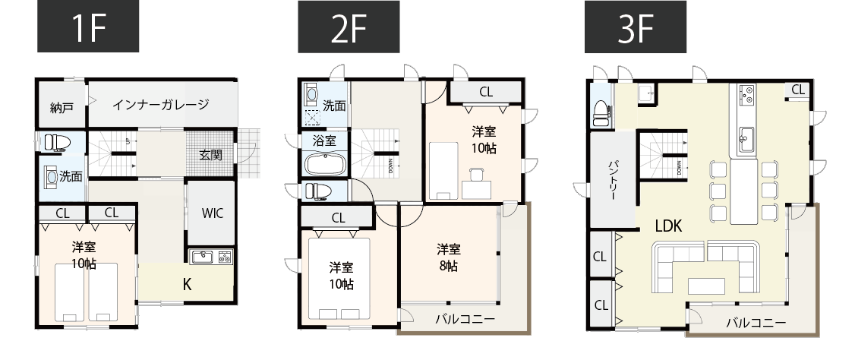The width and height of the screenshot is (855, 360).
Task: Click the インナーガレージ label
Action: [x=160, y=105]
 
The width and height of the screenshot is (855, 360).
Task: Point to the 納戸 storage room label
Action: [x=62, y=107]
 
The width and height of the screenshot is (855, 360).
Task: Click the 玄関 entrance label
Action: [x=210, y=155]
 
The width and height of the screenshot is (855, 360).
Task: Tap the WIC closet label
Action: [x=212, y=213]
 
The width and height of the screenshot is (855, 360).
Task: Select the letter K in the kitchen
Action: [x=186, y=285]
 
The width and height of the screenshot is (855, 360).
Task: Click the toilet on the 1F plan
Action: [x=56, y=143]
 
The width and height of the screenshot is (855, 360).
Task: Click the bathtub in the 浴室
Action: [x=326, y=164]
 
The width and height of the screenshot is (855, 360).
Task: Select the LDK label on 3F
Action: [x=669, y=226]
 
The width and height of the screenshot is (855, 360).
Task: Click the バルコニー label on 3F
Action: [x=756, y=322]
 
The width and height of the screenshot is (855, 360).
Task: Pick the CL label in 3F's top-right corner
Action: [x=797, y=90]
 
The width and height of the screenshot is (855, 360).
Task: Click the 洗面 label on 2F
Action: [x=335, y=106]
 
